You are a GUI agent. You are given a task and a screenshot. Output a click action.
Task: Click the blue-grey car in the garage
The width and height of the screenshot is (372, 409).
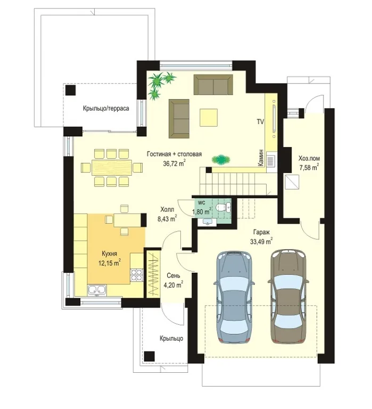coord(234,297)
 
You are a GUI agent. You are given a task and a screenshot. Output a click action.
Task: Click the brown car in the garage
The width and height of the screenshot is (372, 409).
coord(287,296)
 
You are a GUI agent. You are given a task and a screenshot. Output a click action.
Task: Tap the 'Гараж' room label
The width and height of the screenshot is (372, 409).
coord(261,232)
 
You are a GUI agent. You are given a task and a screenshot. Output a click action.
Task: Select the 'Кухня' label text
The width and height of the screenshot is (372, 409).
coord(109,253)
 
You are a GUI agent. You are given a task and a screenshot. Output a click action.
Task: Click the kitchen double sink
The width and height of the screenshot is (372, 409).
coord(97,290)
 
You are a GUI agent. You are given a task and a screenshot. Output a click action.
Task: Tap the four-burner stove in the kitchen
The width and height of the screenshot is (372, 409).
coord(137,275)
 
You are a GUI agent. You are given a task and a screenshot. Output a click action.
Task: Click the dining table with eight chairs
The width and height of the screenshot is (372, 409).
coord(112,167)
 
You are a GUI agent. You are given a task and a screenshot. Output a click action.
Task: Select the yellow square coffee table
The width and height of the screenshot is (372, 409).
coord(209,117)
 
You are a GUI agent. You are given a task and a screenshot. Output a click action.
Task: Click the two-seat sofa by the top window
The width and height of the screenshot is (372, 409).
coord(213,85)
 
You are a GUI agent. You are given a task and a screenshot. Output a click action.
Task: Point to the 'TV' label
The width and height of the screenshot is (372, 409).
coord(260,121)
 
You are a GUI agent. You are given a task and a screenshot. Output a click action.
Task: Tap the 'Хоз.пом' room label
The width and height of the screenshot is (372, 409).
coord(309,158)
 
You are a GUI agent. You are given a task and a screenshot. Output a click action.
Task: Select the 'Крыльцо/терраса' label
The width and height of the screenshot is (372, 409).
coord(106,108)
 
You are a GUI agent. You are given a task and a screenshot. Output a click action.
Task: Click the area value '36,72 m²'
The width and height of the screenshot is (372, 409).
coord(175,163)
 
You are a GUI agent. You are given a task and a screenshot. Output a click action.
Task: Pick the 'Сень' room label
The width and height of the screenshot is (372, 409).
coord(173,276)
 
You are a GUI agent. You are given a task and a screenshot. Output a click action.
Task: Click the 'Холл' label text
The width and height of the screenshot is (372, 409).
coord(167,209)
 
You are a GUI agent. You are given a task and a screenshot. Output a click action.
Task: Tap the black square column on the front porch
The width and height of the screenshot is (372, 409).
coord(150,356)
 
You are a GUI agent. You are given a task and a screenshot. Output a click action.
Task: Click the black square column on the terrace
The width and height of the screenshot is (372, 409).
coord(70,90)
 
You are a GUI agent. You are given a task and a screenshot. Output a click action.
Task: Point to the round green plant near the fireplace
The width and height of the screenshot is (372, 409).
coord(221,159)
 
